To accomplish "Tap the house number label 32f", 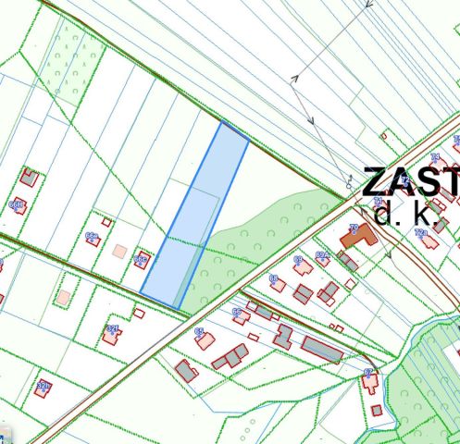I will click(113, 328).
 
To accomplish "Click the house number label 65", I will click(199, 330).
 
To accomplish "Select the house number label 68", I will click(274, 277).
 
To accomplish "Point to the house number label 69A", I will click(322, 253).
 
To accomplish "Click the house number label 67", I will click(369, 372).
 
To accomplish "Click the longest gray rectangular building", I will click(321, 349).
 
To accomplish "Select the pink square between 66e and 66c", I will click(118, 250).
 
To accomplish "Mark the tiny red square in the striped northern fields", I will click(383, 135).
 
